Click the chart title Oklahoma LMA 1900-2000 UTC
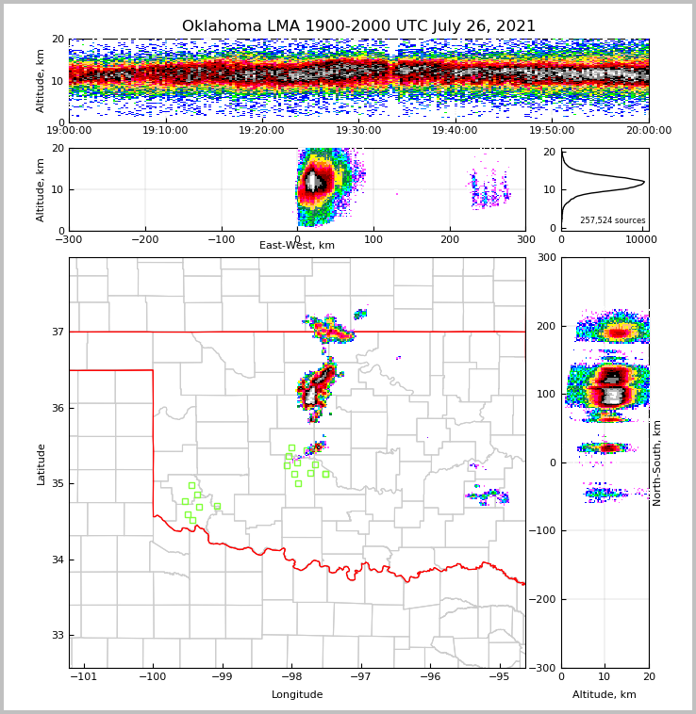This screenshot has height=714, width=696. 358,26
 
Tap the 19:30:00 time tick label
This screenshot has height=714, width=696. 358,131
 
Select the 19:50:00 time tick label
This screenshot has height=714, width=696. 552,131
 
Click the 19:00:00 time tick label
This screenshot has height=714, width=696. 69,131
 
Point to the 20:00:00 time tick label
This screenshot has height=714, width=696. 648,131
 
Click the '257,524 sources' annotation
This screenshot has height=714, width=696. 612,220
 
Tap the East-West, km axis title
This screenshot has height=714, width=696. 297,246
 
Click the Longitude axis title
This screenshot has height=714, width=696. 297,695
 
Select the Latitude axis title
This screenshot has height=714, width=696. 41,463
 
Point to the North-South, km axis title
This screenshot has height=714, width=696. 657,462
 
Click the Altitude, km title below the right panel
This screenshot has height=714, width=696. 605,695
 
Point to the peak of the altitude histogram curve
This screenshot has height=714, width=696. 644,182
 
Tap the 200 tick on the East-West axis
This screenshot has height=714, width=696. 449,239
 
